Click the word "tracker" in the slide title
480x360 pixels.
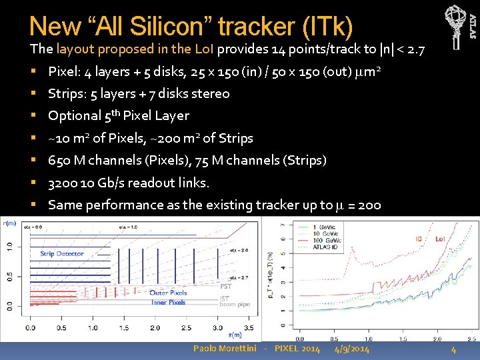[255, 26]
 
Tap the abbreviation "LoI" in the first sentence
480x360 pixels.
[204, 49]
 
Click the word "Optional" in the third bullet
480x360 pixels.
[75, 115]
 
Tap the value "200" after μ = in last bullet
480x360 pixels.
[369, 205]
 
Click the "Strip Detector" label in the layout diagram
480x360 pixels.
[62, 253]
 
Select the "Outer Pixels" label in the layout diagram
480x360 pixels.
[168, 293]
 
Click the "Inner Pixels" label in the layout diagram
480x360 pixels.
[168, 302]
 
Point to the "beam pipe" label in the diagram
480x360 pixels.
[235, 305]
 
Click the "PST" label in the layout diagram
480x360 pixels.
[226, 286]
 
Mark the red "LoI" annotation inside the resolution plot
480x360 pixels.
[441, 239]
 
